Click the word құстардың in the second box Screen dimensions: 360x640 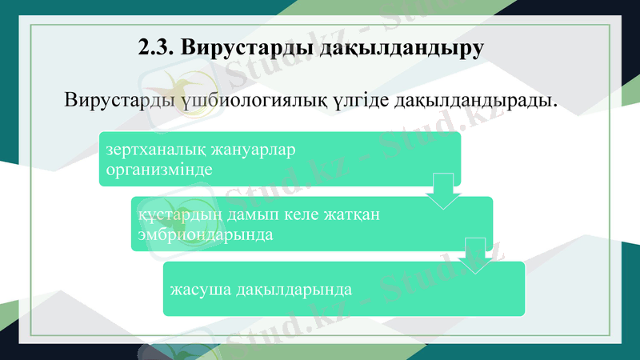pyautogui.click(x=175, y=215)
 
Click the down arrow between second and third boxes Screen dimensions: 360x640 pyautogui.click(x=474, y=256)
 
